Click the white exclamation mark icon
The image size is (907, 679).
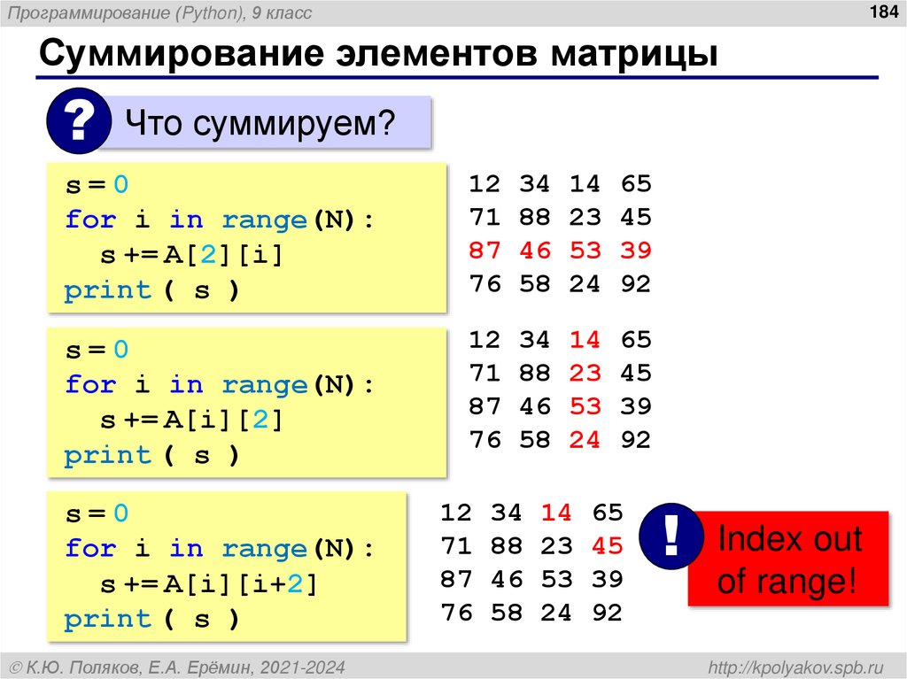pyautogui.click(x=671, y=536)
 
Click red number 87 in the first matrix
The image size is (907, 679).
pyautogui.click(x=485, y=251)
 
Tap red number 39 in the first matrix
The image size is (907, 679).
pyautogui.click(x=636, y=251)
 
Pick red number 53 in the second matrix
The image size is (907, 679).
pyautogui.click(x=585, y=406)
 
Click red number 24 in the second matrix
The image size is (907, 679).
pyautogui.click(x=585, y=440)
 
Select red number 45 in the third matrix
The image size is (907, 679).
pyautogui.click(x=608, y=545)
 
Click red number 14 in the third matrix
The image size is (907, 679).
pyautogui.click(x=557, y=513)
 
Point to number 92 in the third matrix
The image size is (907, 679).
pyautogui.click(x=608, y=613)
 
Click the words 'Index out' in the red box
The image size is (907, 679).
pyautogui.click(x=789, y=538)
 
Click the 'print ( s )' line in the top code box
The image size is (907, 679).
pyautogui.click(x=151, y=290)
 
